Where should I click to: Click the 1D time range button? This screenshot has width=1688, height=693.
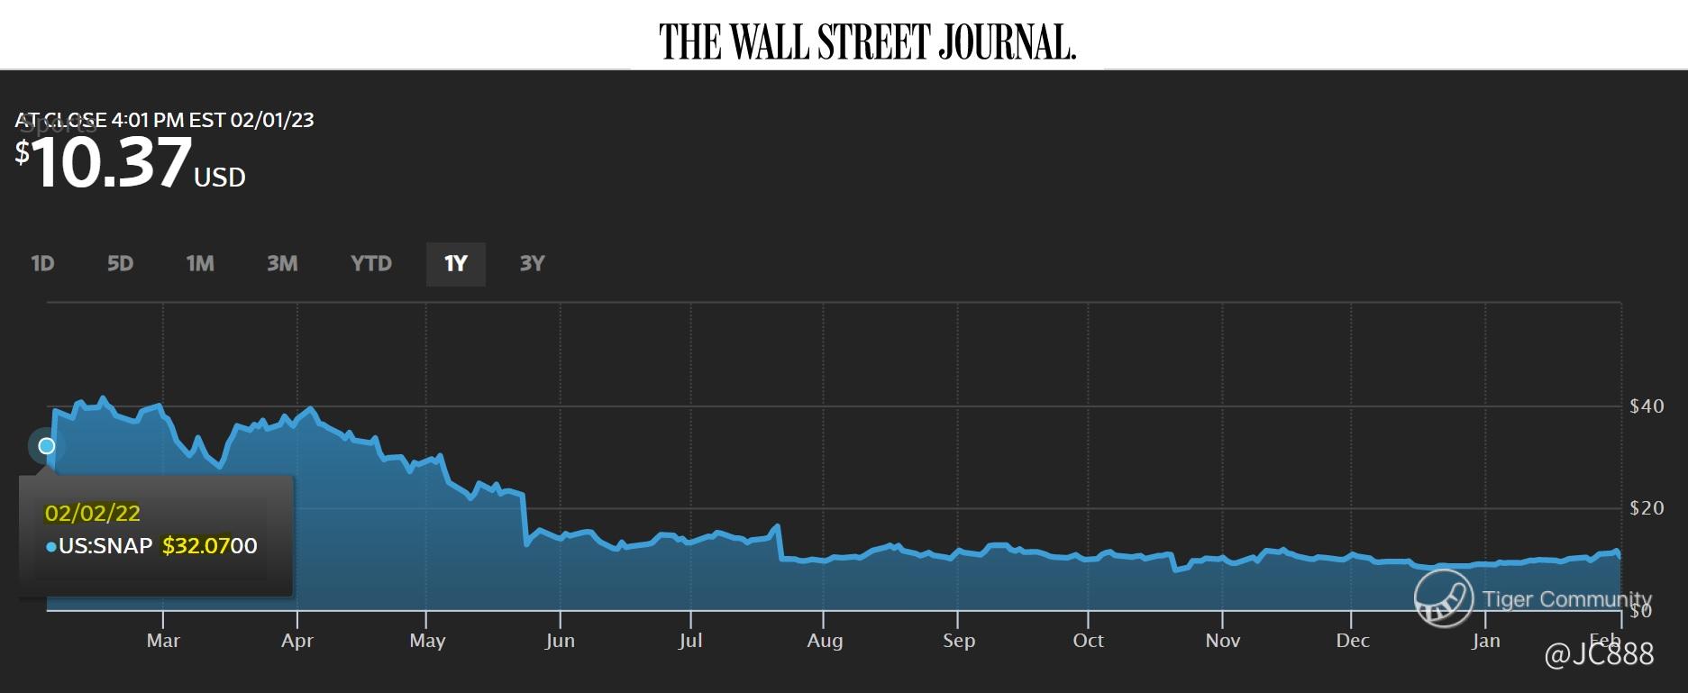click(x=42, y=263)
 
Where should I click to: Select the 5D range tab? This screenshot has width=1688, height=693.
click(x=120, y=263)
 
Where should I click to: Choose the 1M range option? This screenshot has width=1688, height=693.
click(x=200, y=263)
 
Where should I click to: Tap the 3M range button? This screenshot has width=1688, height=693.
click(x=282, y=263)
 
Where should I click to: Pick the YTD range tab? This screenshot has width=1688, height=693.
click(x=371, y=263)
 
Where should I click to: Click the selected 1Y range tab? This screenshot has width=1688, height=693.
click(x=456, y=263)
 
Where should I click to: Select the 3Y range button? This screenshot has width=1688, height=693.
click(x=532, y=263)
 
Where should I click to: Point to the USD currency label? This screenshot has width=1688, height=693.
click(x=220, y=178)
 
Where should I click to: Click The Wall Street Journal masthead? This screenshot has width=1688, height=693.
click(x=867, y=41)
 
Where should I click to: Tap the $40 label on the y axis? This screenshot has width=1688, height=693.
click(x=1647, y=406)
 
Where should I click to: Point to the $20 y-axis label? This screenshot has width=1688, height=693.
click(x=1647, y=508)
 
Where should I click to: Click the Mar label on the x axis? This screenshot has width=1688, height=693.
click(x=163, y=641)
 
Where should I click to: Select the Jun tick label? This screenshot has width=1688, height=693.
click(x=560, y=641)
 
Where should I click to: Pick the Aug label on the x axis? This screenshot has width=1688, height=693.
click(x=825, y=641)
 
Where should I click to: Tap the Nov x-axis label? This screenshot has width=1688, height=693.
click(x=1223, y=641)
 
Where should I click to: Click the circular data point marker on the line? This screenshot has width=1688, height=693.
click(x=46, y=446)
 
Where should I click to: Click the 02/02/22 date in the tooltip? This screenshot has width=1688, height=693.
click(x=93, y=514)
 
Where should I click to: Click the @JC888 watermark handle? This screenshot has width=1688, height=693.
click(x=1600, y=654)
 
